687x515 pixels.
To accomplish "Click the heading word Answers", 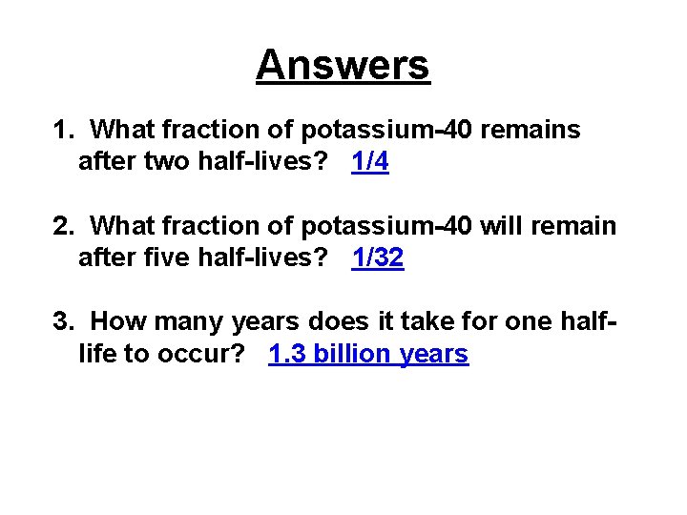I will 343,66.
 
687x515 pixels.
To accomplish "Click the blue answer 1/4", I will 370,162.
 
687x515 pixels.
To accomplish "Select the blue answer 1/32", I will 378,258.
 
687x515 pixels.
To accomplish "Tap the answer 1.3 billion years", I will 368,355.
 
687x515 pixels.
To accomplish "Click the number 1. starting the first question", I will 64,130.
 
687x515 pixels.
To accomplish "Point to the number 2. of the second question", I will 64,226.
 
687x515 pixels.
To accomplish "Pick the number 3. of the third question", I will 64,322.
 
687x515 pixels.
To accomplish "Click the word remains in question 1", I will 532,130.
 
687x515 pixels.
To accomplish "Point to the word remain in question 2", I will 577,226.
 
